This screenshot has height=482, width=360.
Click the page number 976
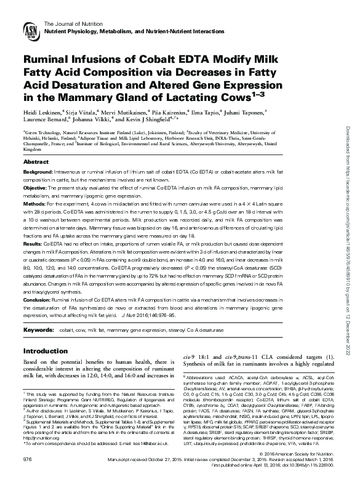[27, 460]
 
